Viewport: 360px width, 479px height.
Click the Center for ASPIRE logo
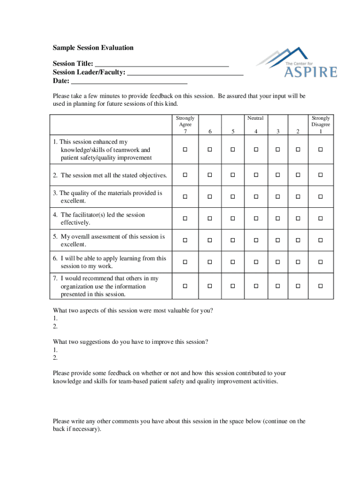(296, 63)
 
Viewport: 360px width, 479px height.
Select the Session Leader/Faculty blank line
(185, 73)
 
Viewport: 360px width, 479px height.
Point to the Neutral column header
(256, 118)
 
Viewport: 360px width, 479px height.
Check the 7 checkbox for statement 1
(185, 150)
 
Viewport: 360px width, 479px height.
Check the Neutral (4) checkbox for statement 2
(256, 175)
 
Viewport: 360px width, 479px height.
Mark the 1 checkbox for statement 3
(321, 197)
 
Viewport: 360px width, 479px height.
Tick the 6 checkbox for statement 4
(210, 218)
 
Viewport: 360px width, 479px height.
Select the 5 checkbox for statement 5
(232, 240)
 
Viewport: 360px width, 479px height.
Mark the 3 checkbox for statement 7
(278, 285)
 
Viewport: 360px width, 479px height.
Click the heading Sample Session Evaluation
(93, 48)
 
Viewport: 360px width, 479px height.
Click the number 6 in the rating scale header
(210, 132)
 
